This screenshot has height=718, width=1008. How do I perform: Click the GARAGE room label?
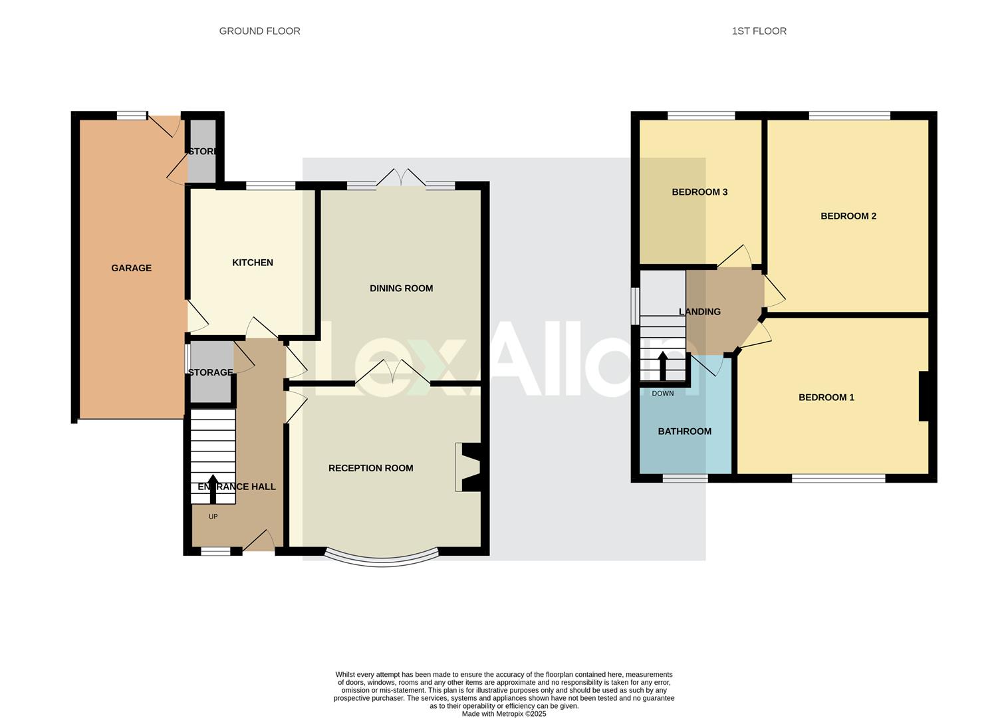tap(131, 268)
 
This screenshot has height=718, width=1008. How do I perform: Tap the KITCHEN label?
tap(252, 263)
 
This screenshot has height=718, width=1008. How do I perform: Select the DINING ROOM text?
tap(401, 289)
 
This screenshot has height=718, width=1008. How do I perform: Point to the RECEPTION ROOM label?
tap(370, 468)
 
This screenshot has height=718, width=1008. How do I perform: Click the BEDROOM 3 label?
tap(699, 192)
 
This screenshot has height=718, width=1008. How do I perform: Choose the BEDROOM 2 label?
tap(848, 216)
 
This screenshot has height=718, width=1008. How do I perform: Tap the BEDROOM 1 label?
tap(826, 398)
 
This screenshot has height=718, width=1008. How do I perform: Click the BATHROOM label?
tap(684, 431)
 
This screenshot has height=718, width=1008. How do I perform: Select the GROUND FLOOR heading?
tap(259, 31)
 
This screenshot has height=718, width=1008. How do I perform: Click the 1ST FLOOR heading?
tap(759, 31)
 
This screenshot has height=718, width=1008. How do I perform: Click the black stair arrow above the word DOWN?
tap(662, 365)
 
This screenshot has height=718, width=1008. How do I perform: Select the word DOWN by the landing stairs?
tap(662, 394)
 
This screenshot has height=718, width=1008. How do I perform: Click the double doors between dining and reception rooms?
tap(392, 374)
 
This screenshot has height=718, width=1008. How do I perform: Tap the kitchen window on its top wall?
tap(271, 186)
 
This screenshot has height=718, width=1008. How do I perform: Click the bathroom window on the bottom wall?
tap(685, 478)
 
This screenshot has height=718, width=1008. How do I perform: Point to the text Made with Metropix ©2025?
tap(503, 713)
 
